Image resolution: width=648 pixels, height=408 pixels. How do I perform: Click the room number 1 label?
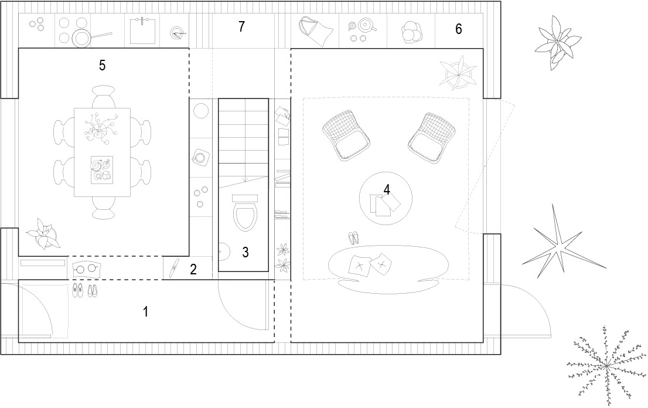[x=145, y=312]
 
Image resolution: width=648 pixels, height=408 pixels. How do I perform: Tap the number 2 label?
[x=193, y=270]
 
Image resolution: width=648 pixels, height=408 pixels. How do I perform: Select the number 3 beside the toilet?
[x=245, y=252]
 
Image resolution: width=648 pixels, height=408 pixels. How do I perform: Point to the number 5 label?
[x=102, y=65]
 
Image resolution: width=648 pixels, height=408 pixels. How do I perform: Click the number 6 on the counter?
[x=458, y=29]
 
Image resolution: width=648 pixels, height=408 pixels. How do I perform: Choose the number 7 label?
[x=241, y=26]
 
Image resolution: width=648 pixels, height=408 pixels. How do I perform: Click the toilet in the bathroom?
[x=245, y=212]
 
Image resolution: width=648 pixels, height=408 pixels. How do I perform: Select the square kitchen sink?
[x=143, y=30]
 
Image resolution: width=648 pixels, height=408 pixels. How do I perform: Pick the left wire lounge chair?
[x=346, y=135]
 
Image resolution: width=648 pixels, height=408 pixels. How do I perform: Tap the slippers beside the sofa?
[x=354, y=237]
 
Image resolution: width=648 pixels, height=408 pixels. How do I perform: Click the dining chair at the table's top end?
[x=103, y=96]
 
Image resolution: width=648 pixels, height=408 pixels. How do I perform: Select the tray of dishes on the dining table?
[x=102, y=170]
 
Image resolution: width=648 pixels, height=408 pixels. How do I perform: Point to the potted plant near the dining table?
[x=43, y=234]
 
